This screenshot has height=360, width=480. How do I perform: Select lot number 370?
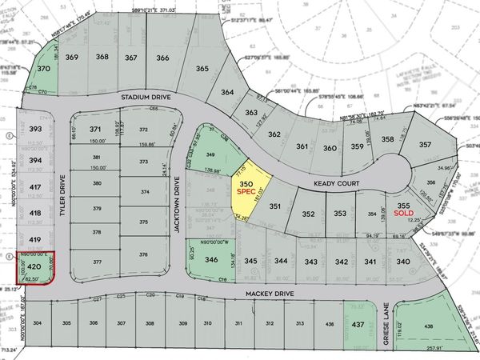tap(44, 70)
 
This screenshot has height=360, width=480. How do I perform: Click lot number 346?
tap(210, 260)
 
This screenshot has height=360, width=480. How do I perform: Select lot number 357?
tap(424, 144)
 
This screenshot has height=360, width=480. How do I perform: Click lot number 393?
tap(34, 129)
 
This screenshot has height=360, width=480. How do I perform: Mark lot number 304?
tap(38, 323)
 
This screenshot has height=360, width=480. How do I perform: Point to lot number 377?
tap(96, 262)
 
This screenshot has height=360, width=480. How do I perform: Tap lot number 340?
tap(402, 262)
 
